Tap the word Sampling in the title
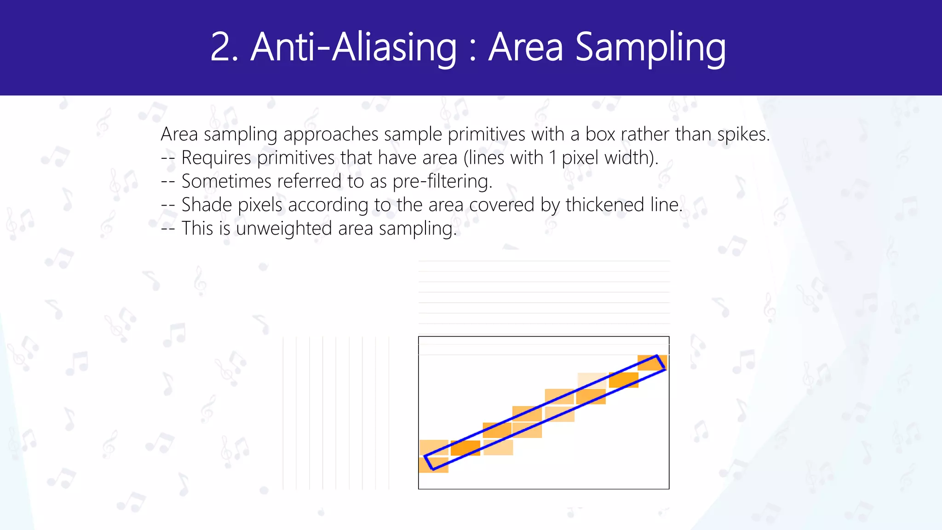pos(650,47)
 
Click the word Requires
pos(216,158)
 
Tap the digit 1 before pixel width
pos(553,158)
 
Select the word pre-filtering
pos(442,182)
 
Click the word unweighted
pos(284,228)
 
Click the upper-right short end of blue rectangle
pos(661,363)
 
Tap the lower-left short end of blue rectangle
pos(428,463)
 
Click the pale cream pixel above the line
pos(592,380)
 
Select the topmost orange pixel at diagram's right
pos(652,363)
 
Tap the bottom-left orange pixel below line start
pos(433,465)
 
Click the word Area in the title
pos(526,47)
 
